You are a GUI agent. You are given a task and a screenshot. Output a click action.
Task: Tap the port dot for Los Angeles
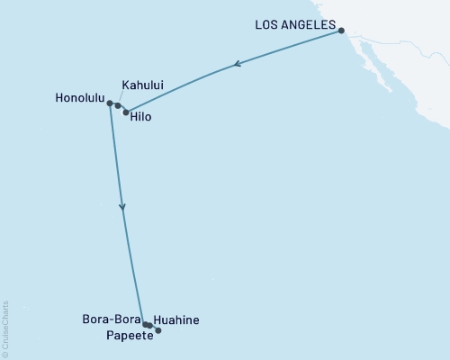point(342,31)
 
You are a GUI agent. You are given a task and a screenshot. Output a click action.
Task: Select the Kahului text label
point(141,86)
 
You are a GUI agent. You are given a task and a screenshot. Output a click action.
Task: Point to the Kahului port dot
point(118,105)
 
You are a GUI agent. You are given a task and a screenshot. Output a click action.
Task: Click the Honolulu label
point(78,103)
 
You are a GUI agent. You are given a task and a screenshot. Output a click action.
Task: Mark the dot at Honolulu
point(110,103)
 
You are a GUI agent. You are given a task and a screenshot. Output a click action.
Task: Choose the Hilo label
point(141,117)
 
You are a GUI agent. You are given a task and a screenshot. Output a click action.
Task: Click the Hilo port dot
point(126,112)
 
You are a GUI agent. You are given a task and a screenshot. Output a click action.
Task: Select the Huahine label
point(176,319)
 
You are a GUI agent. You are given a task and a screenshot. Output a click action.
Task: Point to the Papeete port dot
point(158,331)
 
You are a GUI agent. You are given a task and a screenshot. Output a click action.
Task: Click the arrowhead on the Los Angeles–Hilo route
point(237,64)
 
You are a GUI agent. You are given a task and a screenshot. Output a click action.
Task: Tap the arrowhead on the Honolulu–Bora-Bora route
point(122,208)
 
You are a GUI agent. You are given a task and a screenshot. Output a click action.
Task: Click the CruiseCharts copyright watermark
point(5,329)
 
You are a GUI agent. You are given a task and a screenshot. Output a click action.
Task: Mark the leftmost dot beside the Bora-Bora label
point(145,324)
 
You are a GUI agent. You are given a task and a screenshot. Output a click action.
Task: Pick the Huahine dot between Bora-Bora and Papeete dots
point(149,325)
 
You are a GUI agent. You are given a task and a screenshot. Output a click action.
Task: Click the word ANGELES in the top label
point(310,24)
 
